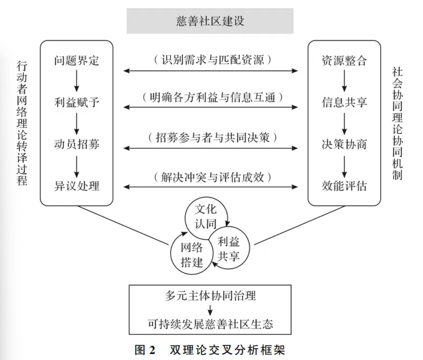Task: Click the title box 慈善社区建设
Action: coord(210,21)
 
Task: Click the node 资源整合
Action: coord(344,60)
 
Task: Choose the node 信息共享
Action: coord(344,102)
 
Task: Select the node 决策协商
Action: coord(344,144)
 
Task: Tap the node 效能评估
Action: coord(344,186)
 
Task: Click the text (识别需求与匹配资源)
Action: coord(211,59)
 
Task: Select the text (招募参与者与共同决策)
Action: coord(211,138)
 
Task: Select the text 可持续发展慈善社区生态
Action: coord(210,323)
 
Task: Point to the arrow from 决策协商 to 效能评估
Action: coord(344,165)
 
